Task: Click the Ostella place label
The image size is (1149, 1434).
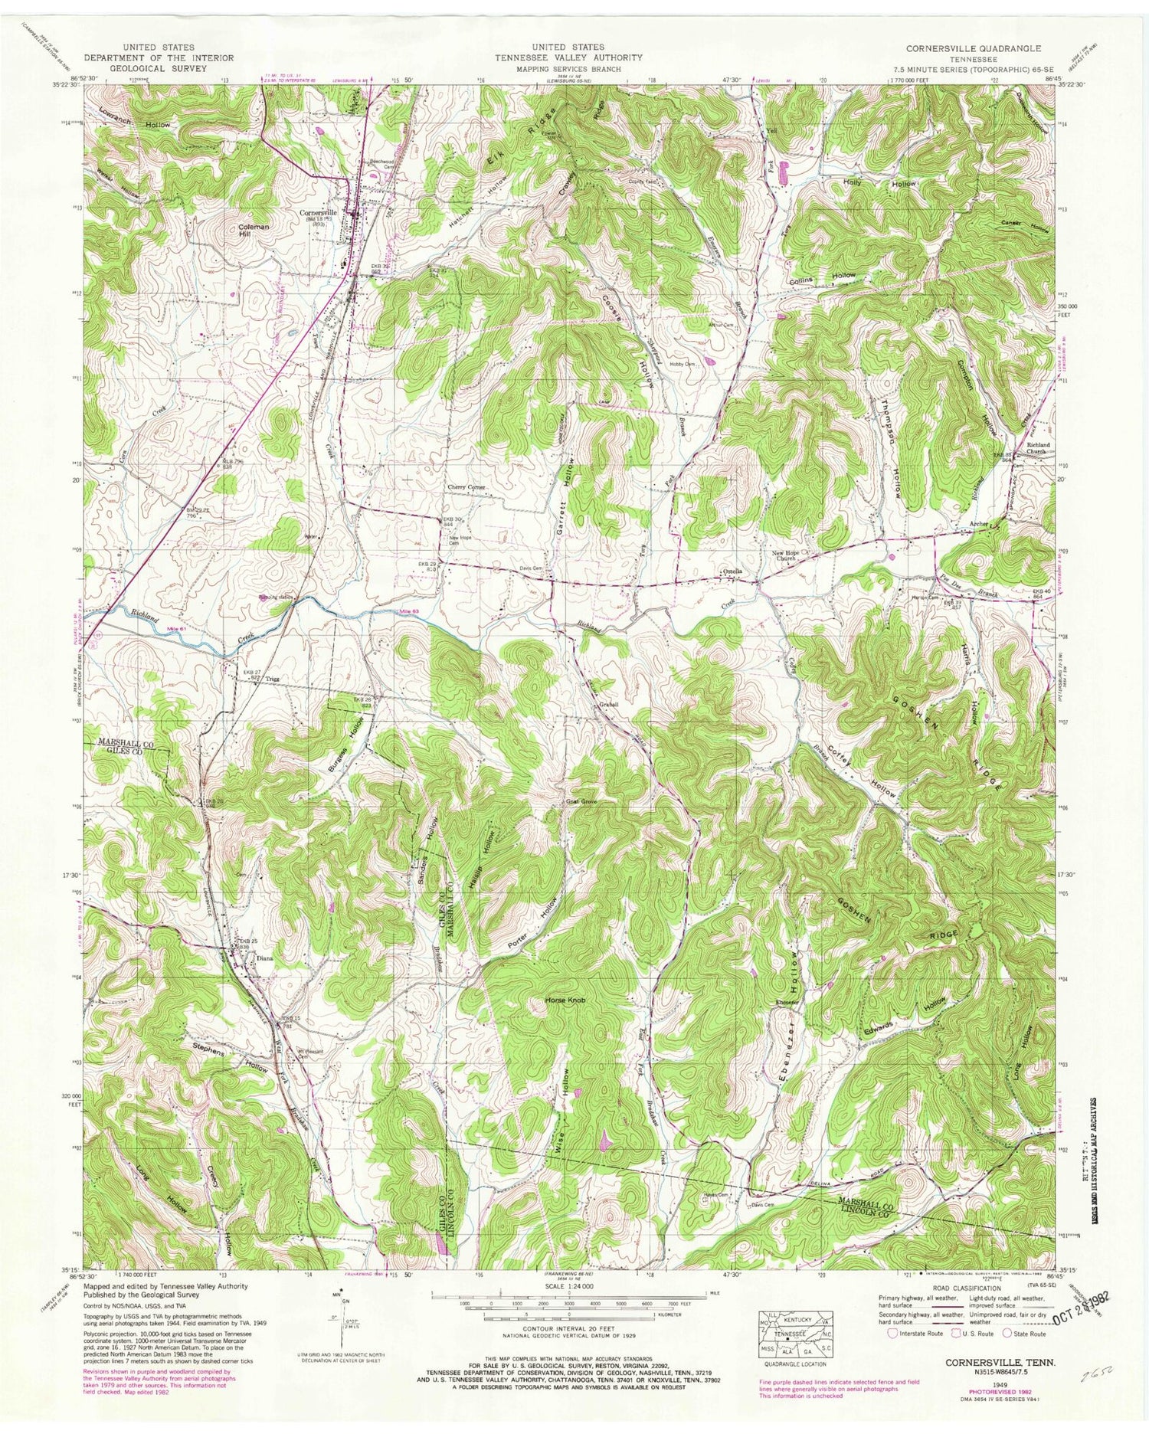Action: pyautogui.click(x=735, y=572)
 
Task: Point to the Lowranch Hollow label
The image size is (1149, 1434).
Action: pyautogui.click(x=134, y=117)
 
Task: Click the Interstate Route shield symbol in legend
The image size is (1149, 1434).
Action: pyautogui.click(x=892, y=1334)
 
